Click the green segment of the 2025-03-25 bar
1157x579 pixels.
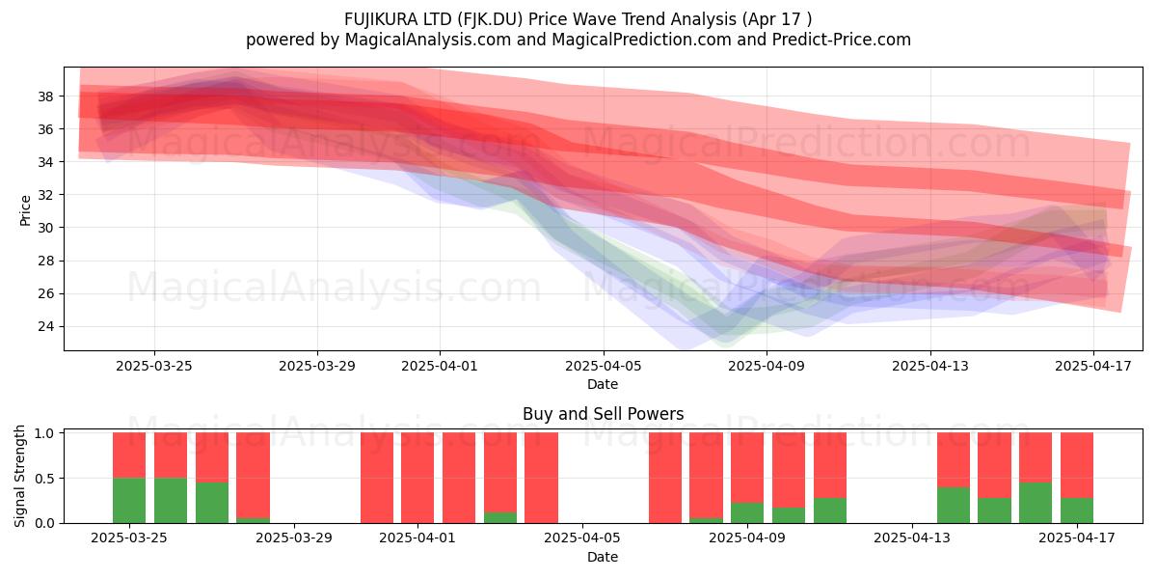(129, 500)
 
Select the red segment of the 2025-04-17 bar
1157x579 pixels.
(1077, 465)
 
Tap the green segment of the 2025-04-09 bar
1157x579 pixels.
(747, 512)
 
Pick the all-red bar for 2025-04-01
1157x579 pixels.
(417, 477)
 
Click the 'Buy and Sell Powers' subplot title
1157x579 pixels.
(603, 414)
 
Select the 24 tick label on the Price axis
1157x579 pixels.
(45, 326)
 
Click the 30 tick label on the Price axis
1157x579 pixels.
(45, 228)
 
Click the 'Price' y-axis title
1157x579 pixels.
(25, 210)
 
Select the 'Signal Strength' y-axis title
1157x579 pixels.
(19, 476)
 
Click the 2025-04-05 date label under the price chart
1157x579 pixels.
(603, 366)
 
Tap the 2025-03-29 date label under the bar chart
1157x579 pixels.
(294, 538)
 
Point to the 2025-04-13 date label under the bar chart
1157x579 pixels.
(912, 538)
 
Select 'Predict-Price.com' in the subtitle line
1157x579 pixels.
(842, 40)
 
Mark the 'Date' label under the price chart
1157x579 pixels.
(603, 384)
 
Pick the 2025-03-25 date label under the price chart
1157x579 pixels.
(154, 366)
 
